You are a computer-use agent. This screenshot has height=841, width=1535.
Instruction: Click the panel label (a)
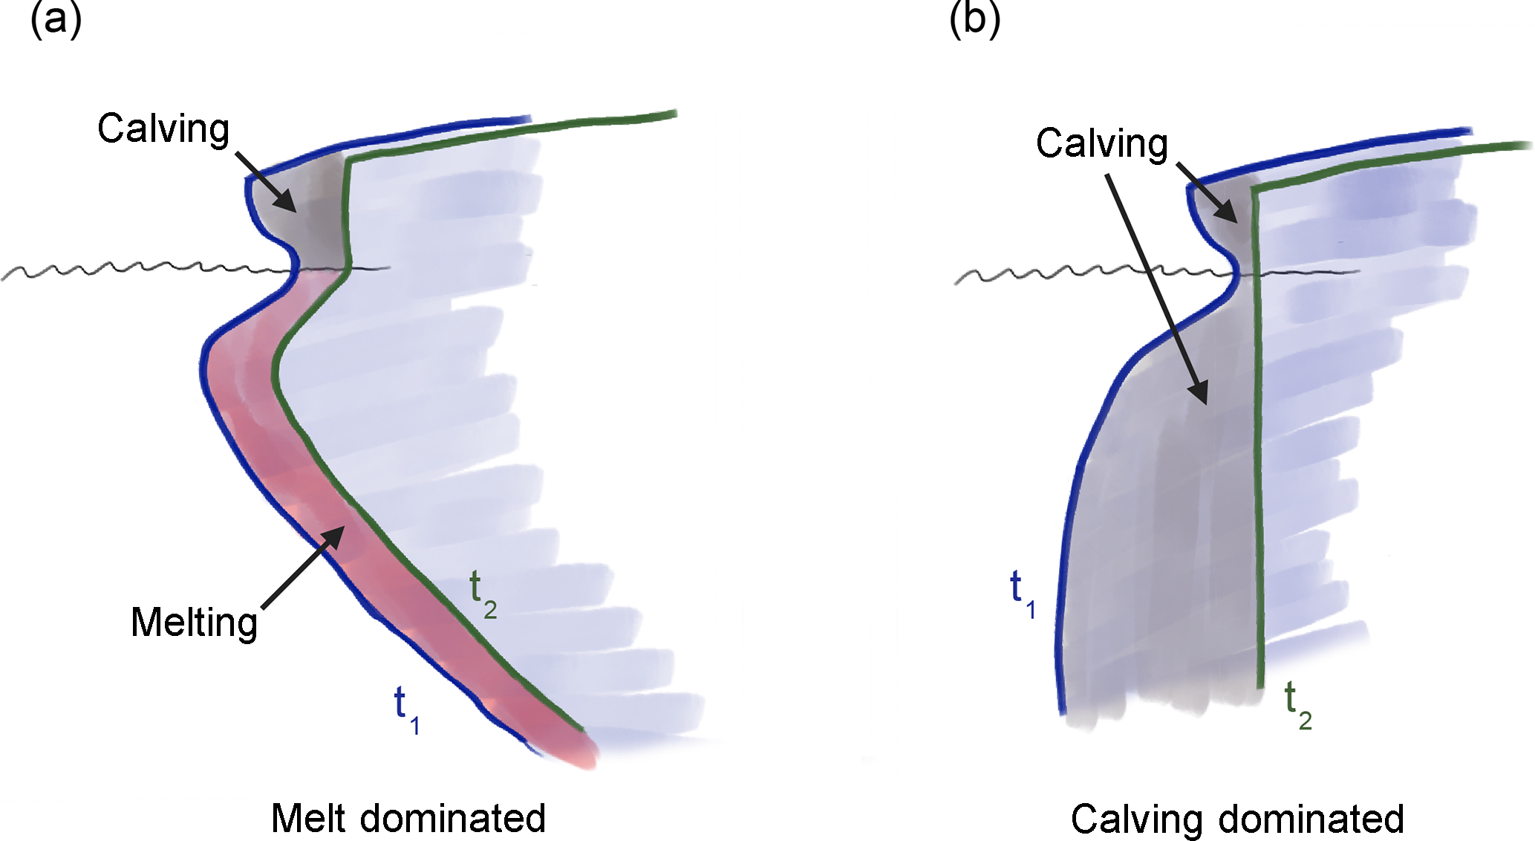pos(55,19)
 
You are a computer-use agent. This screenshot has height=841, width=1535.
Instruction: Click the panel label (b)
pos(974,19)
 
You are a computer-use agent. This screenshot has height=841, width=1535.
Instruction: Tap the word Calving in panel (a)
pos(163,129)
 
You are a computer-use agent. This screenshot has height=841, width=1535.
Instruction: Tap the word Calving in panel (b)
pos(1102,143)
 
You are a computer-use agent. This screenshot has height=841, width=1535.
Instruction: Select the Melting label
pos(195,623)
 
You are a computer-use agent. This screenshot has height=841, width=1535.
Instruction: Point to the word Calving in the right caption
pos(1136,820)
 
